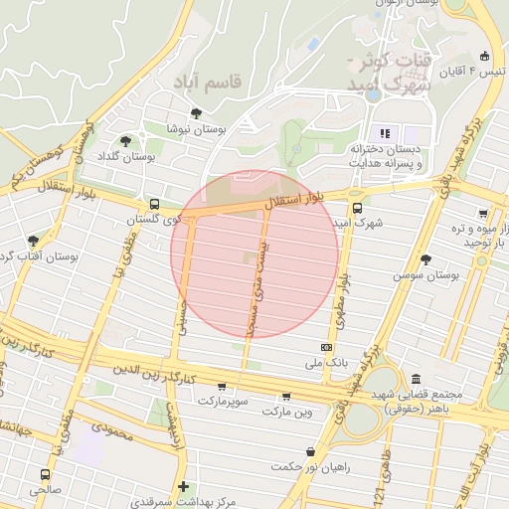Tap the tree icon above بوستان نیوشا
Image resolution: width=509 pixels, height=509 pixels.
click(x=196, y=112)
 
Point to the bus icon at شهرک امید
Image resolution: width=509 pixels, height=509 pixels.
click(x=358, y=208)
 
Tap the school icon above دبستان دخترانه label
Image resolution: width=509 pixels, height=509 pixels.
click(x=384, y=133)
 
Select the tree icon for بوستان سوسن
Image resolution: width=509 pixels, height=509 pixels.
click(x=426, y=257)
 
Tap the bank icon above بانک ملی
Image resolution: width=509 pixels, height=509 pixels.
click(x=327, y=347)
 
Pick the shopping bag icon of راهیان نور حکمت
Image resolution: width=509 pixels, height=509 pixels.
click(x=312, y=451)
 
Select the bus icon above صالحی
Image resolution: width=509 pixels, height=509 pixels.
click(x=45, y=473)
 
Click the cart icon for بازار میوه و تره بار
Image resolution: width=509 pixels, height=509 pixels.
click(x=482, y=214)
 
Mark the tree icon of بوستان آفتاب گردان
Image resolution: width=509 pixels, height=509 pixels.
click(x=35, y=241)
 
